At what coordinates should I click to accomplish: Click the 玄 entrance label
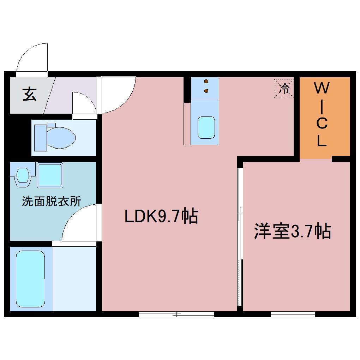pyautogui.click(x=30, y=94)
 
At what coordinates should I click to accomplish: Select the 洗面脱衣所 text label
pyautogui.click(x=52, y=201)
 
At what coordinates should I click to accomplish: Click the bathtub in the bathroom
pyautogui.click(x=31, y=279)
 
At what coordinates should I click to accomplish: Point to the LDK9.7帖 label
pyautogui.click(x=161, y=216)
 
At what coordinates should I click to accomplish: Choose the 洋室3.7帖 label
pyautogui.click(x=292, y=232)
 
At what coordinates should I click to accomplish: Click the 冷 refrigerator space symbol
pyautogui.click(x=284, y=88)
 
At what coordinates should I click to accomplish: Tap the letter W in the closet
pyautogui.click(x=321, y=88)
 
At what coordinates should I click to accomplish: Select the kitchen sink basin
pyautogui.click(x=206, y=128)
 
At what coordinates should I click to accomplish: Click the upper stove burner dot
pyautogui.click(x=206, y=82)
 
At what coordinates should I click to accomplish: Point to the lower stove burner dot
pyautogui.click(x=206, y=91)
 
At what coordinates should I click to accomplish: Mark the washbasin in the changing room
pyautogui.click(x=23, y=175)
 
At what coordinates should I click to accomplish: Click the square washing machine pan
pyautogui.click(x=50, y=175)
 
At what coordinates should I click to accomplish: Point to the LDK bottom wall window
pyautogui.click(x=176, y=314)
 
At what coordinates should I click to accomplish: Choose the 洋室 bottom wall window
pyautogui.click(x=293, y=314)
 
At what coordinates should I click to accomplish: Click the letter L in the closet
pyautogui.click(x=321, y=141)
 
